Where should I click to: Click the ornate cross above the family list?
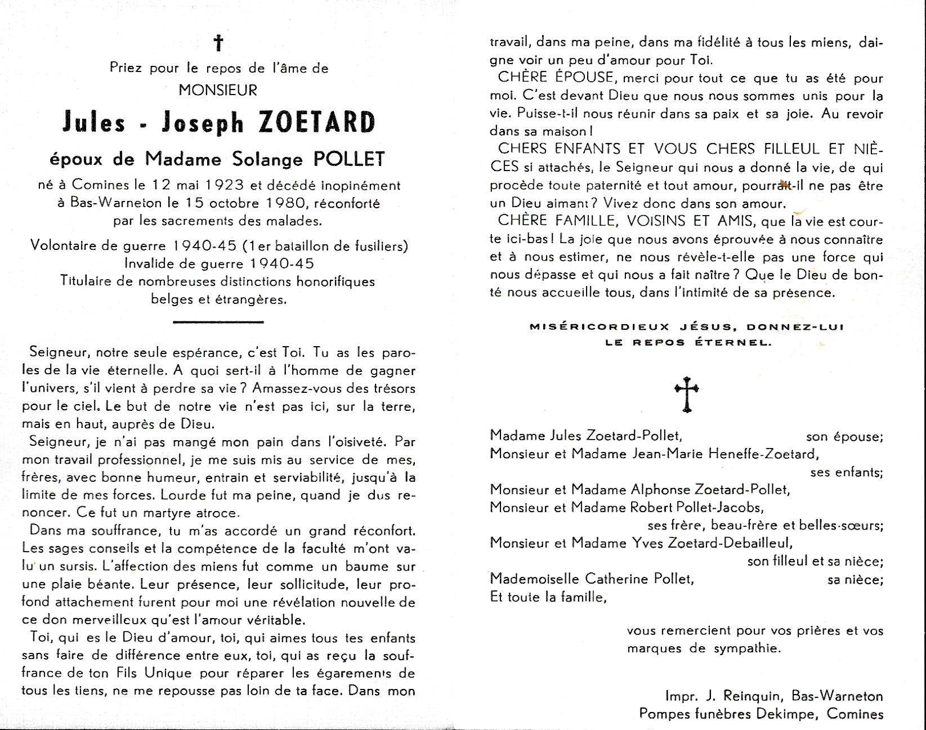point(687,393)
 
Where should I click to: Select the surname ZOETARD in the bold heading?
point(316,123)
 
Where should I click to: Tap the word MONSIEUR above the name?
point(218,89)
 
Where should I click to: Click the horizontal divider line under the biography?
point(218,322)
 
